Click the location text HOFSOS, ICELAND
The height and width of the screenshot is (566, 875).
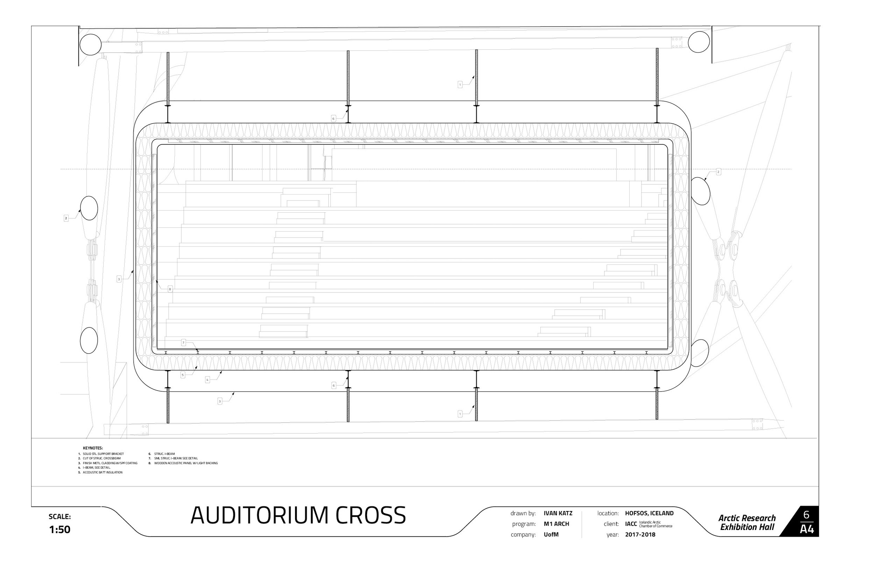pos(649,513)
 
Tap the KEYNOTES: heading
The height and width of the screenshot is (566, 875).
pos(93,448)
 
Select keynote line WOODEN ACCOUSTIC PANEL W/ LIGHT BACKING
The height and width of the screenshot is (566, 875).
pos(185,463)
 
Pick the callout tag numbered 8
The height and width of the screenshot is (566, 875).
pos(170,289)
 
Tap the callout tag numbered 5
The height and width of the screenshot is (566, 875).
pos(183,375)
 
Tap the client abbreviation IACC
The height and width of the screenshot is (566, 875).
pos(631,524)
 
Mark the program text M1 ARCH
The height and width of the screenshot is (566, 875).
pos(556,524)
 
